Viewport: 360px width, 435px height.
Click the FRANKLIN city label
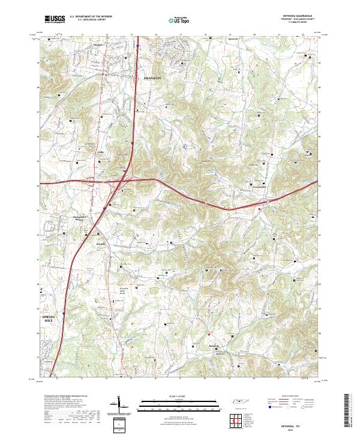click(x=153, y=79)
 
